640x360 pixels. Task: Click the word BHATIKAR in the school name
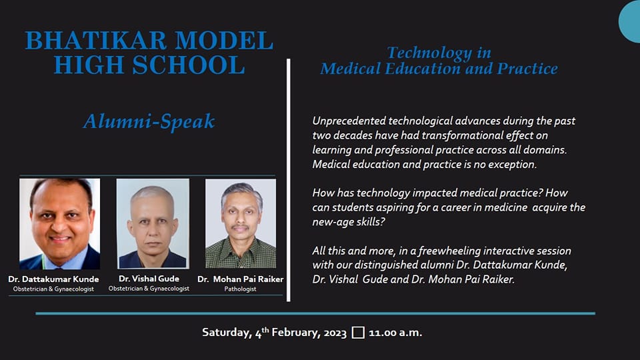pos(96,41)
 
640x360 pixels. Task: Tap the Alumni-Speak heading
pos(149,121)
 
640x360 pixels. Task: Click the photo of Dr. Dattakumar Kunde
pos(59,224)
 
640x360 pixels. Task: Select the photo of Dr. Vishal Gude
pos(153,224)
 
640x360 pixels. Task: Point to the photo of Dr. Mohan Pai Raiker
pos(241,224)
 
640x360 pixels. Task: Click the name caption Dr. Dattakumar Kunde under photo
pos(53,279)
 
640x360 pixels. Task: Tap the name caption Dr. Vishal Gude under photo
pos(149,279)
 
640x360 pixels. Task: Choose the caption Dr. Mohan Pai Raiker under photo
pos(241,279)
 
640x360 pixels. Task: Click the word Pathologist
pos(241,289)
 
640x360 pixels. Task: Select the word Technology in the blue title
pos(429,53)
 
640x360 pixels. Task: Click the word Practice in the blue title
pos(527,69)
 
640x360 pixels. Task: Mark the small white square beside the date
pos(358,332)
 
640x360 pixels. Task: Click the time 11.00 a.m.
pos(395,333)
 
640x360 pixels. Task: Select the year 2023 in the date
pos(335,333)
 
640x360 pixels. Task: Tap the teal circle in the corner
pos(630,21)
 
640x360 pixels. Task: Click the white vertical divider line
pos(289,181)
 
